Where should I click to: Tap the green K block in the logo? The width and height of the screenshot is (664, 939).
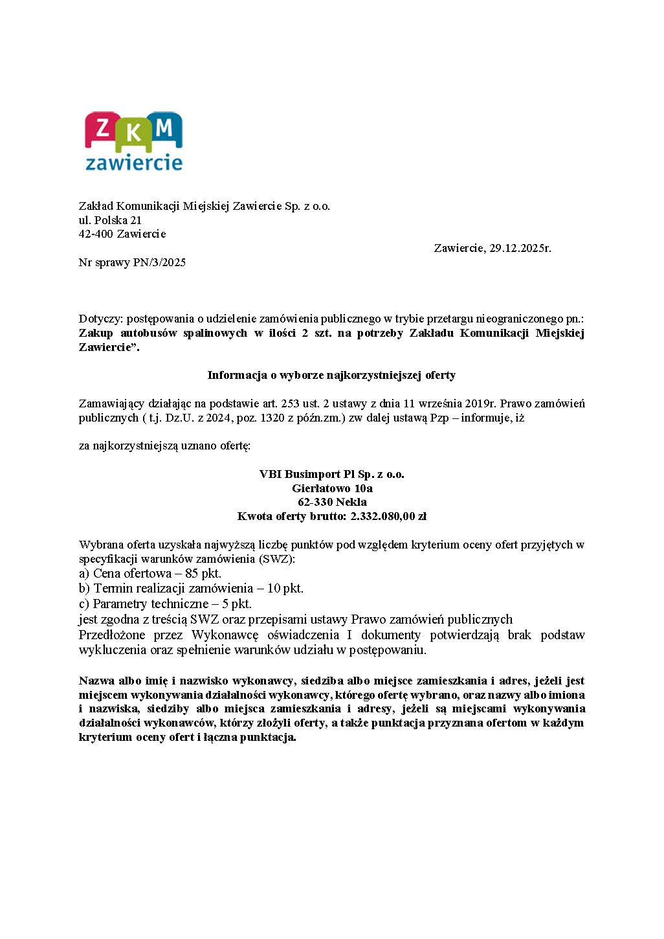134,134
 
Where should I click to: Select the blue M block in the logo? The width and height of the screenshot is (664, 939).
165,128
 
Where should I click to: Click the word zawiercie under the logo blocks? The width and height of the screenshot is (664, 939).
134,161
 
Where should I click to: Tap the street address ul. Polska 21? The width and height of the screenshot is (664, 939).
110,220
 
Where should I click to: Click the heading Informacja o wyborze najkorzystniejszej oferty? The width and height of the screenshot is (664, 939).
331,375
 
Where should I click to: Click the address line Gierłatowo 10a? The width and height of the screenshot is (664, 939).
332,488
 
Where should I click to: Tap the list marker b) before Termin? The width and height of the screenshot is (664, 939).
84,589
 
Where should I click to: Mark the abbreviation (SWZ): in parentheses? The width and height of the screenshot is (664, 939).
277,559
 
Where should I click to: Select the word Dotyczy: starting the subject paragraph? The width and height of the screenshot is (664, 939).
101,319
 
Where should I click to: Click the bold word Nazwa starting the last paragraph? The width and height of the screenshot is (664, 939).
96,681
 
